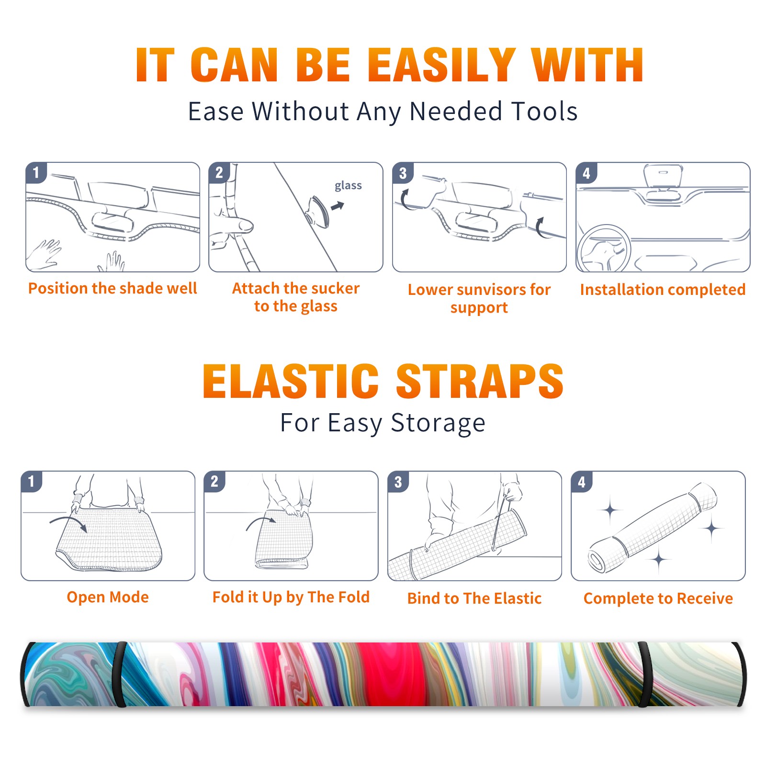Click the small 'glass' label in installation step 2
348,186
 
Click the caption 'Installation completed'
663,289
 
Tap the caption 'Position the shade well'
113,288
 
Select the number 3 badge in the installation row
403,173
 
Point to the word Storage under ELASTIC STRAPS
438,423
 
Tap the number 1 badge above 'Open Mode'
32,481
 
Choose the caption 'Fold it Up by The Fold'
291,597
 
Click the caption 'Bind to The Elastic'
474,598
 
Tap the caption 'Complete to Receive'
658,598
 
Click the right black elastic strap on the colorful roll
644,675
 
